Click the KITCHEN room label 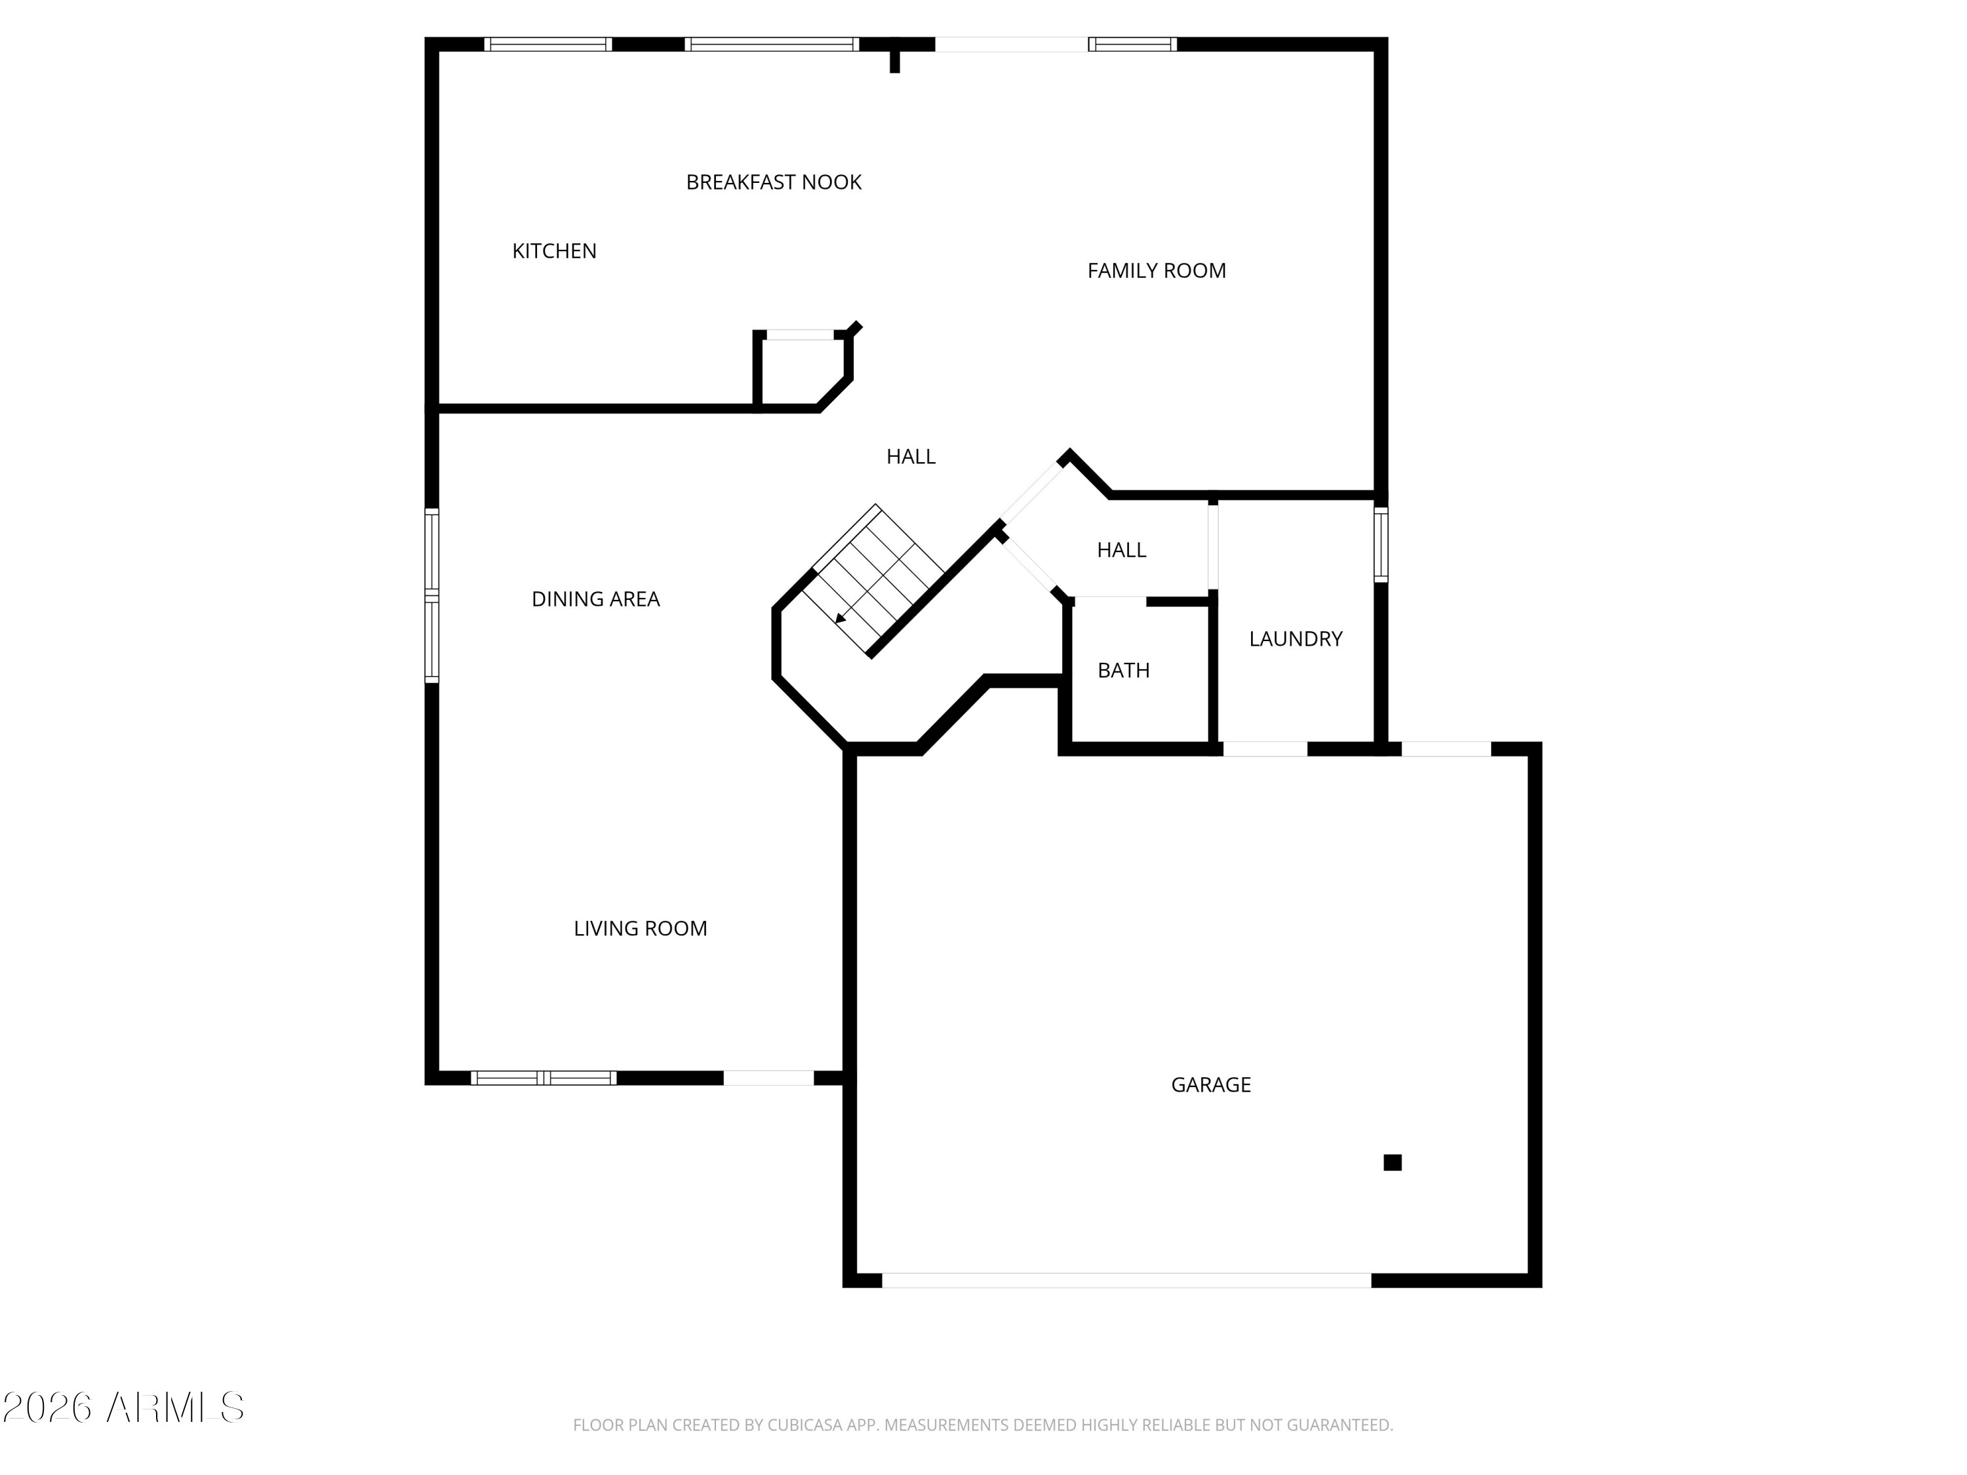point(554,252)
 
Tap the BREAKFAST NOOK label point(774,182)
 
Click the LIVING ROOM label point(640,928)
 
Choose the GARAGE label point(1210,1085)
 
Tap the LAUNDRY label point(1296,639)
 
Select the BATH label point(1123,671)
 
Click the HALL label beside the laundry point(1121,551)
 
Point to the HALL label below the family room point(911,457)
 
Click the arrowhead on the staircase point(841,619)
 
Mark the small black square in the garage point(1393,1162)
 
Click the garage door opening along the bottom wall point(1126,1280)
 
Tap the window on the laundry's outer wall point(1381,544)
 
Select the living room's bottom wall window point(544,1078)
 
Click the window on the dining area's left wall point(432,596)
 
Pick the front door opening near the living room point(768,1078)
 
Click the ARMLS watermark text point(175,1407)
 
